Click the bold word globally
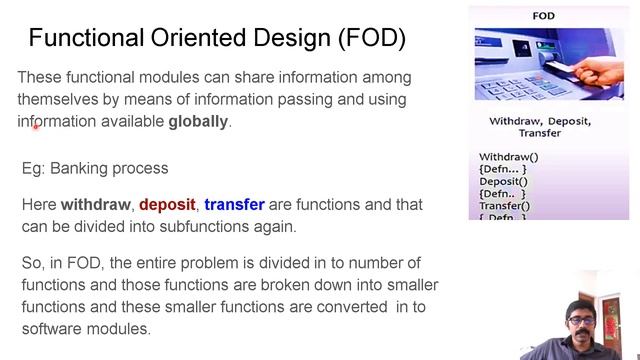pos(198,122)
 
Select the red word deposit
pos(167,205)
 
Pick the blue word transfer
pos(233,205)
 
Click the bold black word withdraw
pos(96,205)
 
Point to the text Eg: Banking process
pos(95,168)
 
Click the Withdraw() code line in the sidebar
pos(508,157)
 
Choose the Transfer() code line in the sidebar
pos(505,205)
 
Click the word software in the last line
pos(51,328)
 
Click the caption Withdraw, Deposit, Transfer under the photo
pos(540,127)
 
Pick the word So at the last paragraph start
pos(31,263)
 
